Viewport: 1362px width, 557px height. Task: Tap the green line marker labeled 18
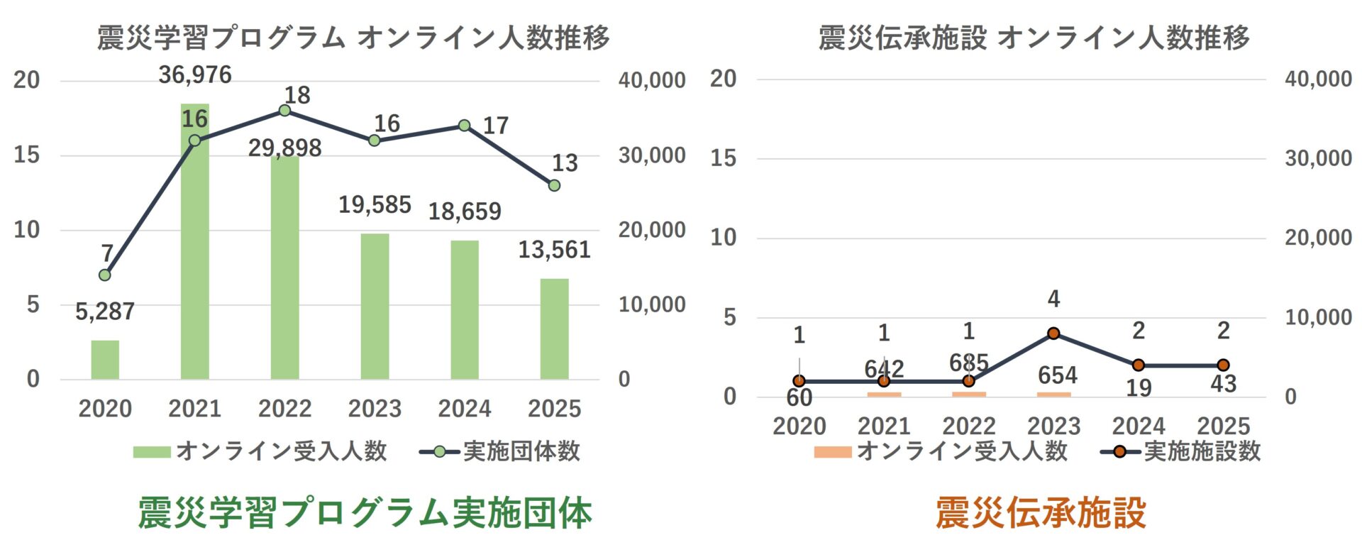(x=284, y=111)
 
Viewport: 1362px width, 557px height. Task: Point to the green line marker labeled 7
(x=105, y=275)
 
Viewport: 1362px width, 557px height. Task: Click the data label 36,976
(x=195, y=75)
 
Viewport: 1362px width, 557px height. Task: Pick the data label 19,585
(x=375, y=205)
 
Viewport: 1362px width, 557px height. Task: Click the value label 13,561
(x=554, y=250)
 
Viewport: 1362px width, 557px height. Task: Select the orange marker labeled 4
(x=1053, y=333)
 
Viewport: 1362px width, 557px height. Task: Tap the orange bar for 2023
(x=1053, y=394)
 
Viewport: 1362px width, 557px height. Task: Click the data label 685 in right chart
(x=969, y=363)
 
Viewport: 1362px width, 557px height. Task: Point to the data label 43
(x=1223, y=384)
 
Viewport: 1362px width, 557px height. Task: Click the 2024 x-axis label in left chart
(x=464, y=409)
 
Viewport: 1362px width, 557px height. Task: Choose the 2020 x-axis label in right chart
(x=799, y=426)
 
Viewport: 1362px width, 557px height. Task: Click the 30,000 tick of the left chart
(x=651, y=155)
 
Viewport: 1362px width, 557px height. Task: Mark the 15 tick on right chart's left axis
(x=723, y=158)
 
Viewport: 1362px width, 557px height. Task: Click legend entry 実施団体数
(x=521, y=451)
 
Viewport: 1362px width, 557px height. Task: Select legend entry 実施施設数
(x=1202, y=451)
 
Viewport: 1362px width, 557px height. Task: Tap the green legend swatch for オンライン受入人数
(x=151, y=452)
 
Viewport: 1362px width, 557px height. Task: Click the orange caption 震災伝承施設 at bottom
(x=1041, y=512)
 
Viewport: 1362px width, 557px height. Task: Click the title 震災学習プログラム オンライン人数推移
(x=353, y=38)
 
